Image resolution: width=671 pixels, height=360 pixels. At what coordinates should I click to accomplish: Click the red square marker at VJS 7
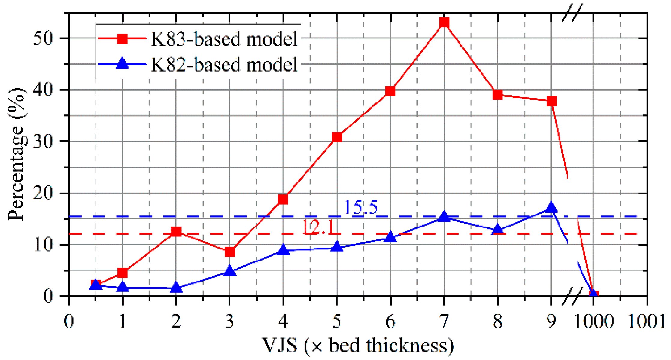pos(444,23)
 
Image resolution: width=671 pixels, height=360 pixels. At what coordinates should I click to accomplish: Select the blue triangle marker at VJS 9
pos(551,208)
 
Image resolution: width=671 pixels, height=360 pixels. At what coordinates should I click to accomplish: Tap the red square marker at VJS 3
pos(230,252)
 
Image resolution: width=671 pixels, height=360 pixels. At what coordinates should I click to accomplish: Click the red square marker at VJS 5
pos(337,137)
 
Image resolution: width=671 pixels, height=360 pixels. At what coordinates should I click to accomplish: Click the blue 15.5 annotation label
pos(360,207)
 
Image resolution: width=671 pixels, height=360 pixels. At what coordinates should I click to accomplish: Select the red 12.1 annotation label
pos(318,227)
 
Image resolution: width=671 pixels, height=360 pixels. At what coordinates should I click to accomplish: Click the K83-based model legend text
pos(224,39)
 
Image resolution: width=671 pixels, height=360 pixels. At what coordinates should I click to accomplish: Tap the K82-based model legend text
pos(224,65)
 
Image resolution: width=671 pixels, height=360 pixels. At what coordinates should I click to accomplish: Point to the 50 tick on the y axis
pos(43,38)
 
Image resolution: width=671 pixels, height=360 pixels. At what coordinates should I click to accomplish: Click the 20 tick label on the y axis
pos(43,193)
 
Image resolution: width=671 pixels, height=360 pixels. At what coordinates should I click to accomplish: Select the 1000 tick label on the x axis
pos(594,321)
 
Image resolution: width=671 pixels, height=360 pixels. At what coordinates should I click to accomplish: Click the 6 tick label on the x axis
pos(390,321)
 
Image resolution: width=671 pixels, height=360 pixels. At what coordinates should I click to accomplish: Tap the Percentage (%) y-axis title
pos(17,155)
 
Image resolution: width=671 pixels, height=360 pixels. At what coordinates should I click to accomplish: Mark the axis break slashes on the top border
pos(572,13)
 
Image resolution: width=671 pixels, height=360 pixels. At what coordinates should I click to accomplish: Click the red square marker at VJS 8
pos(498,95)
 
